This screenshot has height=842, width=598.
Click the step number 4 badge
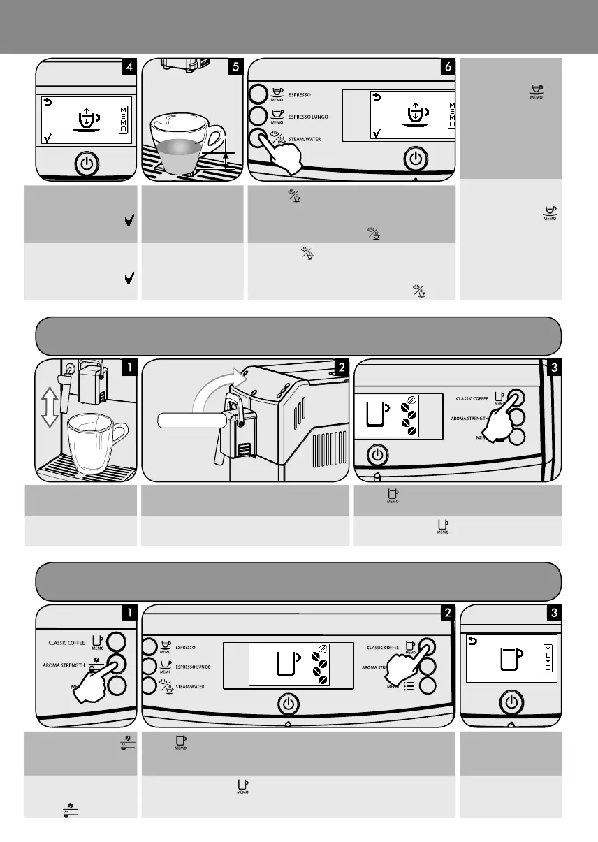coord(129,67)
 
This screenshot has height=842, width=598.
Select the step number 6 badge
coord(447,67)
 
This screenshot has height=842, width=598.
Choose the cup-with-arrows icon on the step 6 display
coord(414,115)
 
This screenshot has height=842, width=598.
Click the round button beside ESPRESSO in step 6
coord(258,94)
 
